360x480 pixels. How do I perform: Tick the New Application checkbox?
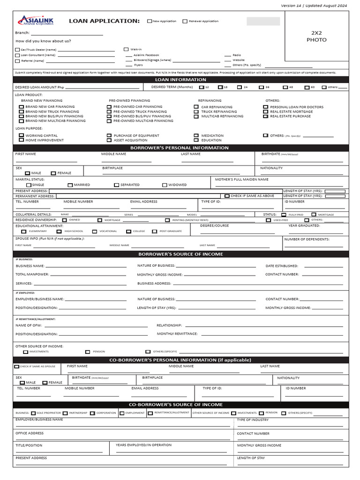click(150, 21)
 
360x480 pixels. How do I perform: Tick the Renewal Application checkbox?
click(185, 21)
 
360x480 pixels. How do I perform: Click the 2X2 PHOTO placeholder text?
click(316, 37)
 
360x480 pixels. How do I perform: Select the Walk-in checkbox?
click(126, 49)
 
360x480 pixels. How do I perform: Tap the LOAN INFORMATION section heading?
click(180, 80)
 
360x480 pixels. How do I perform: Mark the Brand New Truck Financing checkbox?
click(21, 112)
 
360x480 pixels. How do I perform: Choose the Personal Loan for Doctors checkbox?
click(266, 107)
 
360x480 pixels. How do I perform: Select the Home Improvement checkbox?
click(21, 140)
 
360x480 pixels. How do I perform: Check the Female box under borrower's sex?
click(53, 173)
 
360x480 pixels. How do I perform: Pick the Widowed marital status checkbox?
click(165, 185)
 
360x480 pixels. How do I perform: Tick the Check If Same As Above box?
click(227, 196)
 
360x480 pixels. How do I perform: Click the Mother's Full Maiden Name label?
click(242, 179)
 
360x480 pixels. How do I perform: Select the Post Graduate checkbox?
click(155, 231)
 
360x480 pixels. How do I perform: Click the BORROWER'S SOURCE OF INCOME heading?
click(180, 254)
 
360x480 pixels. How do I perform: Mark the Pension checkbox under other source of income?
click(88, 352)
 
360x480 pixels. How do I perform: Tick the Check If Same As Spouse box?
click(17, 367)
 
